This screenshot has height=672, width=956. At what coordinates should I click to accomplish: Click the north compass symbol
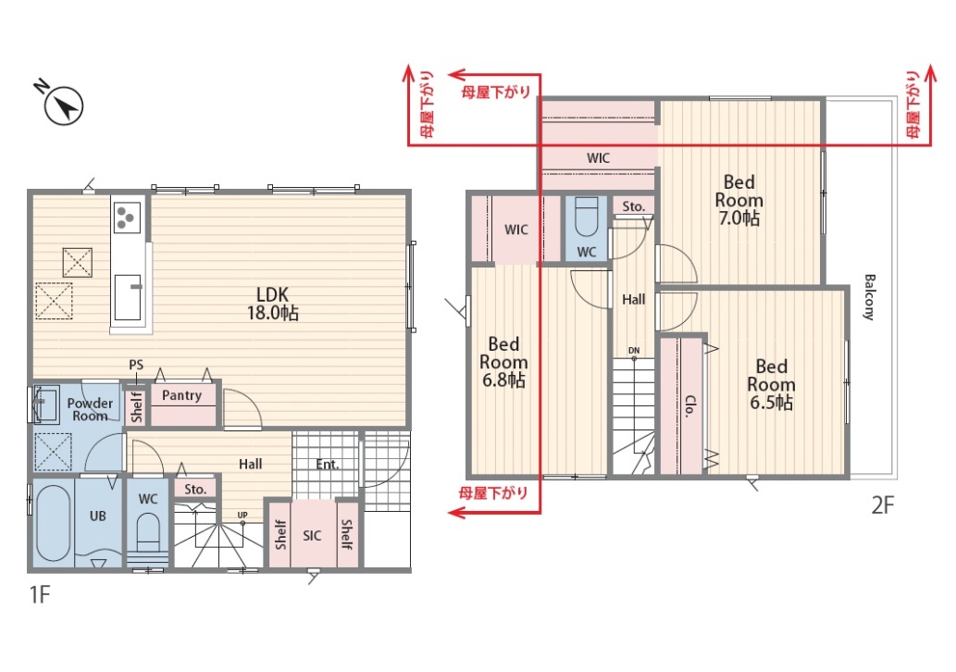click(x=63, y=106)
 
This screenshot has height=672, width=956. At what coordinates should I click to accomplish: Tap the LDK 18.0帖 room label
click(x=272, y=304)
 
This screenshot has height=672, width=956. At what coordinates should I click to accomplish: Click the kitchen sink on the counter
click(x=129, y=297)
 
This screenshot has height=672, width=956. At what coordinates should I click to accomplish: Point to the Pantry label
click(x=181, y=396)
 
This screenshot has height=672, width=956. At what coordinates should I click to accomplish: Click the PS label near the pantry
click(x=136, y=365)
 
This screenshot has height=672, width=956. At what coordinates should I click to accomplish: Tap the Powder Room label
click(x=90, y=409)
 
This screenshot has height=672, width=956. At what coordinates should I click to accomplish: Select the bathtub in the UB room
click(x=53, y=524)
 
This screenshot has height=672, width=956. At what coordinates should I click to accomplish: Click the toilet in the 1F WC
click(x=148, y=531)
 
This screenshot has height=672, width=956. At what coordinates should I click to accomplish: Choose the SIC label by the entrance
click(x=312, y=535)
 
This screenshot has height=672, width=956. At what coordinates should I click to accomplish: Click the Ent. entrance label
click(x=328, y=465)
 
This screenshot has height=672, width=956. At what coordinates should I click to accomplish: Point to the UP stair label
click(x=242, y=516)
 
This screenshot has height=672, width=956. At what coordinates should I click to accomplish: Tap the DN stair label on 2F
click(x=634, y=351)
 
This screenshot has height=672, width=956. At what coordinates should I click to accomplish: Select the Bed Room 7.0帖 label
click(x=739, y=199)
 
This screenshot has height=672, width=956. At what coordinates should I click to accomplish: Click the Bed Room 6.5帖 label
click(x=771, y=384)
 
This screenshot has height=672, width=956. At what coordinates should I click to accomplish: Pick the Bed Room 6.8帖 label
click(x=503, y=362)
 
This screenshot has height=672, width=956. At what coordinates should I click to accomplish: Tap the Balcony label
click(x=869, y=297)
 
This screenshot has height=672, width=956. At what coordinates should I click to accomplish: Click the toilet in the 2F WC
click(x=587, y=218)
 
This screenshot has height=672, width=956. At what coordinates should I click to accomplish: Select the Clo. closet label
click(x=690, y=406)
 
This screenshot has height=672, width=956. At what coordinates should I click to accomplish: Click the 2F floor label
click(x=882, y=505)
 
